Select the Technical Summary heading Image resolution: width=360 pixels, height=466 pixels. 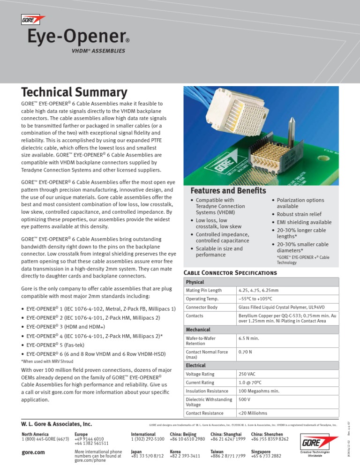coord(74,92)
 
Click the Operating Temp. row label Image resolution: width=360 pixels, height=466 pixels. coord(202,299)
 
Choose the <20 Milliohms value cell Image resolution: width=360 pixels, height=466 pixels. coord(253,413)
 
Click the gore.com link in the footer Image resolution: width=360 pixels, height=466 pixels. coord(33,453)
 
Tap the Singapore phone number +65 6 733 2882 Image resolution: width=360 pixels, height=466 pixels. coord(266,456)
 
